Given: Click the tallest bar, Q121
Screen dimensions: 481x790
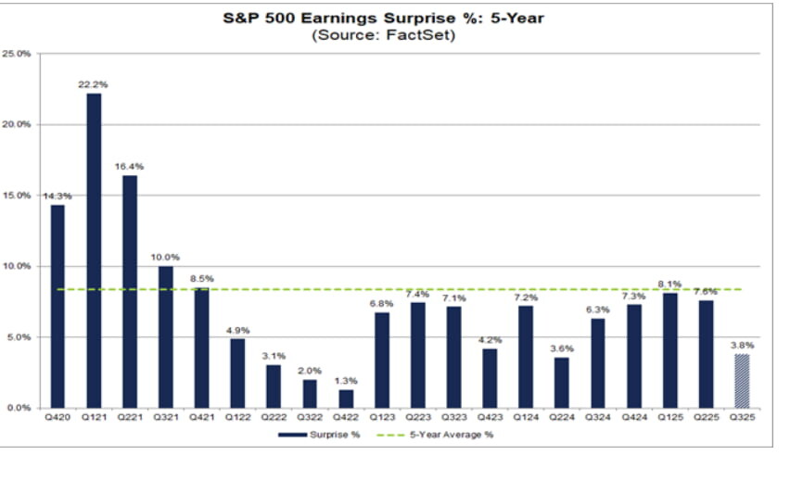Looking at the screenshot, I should pyautogui.click(x=94, y=250).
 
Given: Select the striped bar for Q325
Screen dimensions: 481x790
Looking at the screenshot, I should pyautogui.click(x=742, y=381).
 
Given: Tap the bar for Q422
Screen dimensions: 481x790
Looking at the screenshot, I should pyautogui.click(x=345, y=399).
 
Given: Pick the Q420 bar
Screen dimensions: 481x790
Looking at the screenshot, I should pyautogui.click(x=57, y=306).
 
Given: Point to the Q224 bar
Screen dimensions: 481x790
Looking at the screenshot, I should pyautogui.click(x=562, y=383).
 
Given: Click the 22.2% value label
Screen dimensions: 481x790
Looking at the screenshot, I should pyautogui.click(x=94, y=84).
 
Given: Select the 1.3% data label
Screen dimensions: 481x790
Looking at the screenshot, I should pyautogui.click(x=345, y=381).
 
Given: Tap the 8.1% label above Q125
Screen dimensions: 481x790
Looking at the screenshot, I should pyautogui.click(x=669, y=285).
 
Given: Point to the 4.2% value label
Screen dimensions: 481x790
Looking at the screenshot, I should pyautogui.click(x=490, y=340).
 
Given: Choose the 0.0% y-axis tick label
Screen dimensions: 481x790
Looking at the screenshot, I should pyautogui.click(x=19, y=408).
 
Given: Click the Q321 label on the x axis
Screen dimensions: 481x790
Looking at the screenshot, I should pyautogui.click(x=166, y=420).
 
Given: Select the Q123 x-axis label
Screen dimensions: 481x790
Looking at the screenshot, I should pyautogui.click(x=382, y=420).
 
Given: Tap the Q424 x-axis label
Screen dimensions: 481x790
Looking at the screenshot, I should pyautogui.click(x=634, y=420).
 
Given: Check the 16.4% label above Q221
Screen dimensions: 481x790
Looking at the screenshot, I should pyautogui.click(x=130, y=166).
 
